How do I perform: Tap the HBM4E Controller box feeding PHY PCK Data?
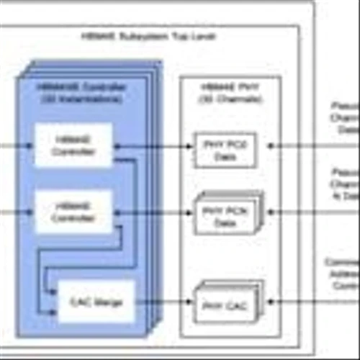click(73, 212)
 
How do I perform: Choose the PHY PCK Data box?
click(225, 215)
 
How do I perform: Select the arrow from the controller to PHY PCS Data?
click(155, 145)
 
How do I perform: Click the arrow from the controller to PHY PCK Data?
click(155, 212)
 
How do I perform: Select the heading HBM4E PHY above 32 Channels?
click(225, 88)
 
